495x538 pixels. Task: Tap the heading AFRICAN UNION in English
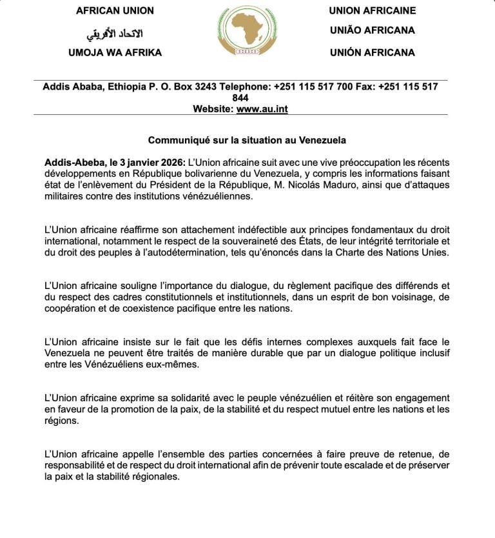click(x=115, y=11)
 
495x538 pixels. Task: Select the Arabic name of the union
click(x=115, y=33)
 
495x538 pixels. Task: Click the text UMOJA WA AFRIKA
click(x=115, y=53)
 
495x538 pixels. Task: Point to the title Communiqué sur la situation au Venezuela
click(x=247, y=140)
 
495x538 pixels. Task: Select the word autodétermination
click(x=199, y=252)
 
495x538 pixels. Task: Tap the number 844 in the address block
click(x=240, y=98)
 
